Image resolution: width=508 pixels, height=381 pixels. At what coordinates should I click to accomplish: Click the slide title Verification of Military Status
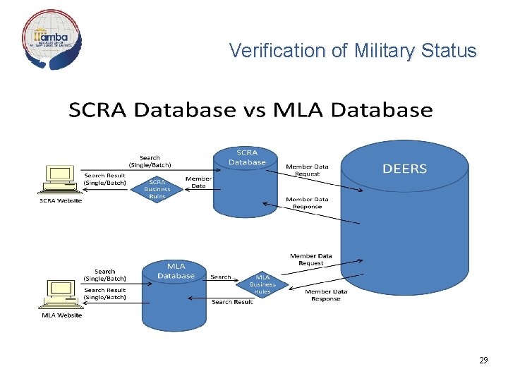click(353, 51)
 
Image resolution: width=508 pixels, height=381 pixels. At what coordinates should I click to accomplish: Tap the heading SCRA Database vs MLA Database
click(250, 110)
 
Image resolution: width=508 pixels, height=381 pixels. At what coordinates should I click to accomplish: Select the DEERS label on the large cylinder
click(404, 169)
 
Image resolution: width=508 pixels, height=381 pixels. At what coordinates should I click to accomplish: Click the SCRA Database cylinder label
click(247, 157)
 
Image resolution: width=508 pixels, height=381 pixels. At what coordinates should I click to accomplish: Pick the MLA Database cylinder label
click(176, 270)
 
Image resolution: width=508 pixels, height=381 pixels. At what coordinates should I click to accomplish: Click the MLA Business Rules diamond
click(262, 284)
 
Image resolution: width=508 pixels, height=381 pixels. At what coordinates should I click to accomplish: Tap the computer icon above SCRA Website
click(60, 179)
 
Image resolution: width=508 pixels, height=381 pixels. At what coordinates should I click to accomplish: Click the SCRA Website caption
click(60, 200)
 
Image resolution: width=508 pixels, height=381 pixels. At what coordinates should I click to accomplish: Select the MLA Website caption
click(62, 315)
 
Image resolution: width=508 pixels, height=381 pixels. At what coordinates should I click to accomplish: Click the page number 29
click(483, 361)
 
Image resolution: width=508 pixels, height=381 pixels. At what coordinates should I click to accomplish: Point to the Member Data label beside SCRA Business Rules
click(198, 182)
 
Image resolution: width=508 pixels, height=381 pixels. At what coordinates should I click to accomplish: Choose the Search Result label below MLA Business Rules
click(232, 302)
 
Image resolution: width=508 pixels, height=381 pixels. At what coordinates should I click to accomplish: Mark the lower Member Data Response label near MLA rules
click(326, 295)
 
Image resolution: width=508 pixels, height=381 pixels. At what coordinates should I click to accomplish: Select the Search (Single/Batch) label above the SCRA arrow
click(150, 161)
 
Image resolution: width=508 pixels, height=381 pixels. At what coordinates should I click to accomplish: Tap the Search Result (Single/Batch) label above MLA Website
click(105, 294)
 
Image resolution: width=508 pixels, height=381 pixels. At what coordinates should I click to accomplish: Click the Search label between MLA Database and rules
click(221, 277)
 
